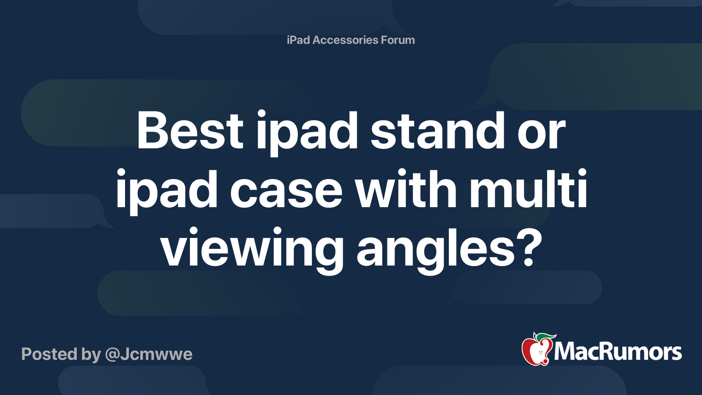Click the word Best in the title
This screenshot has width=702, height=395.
coord(190,131)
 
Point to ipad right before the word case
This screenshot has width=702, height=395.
coord(167,193)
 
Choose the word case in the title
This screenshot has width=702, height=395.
coord(286,191)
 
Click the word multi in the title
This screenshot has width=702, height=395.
coord(528,190)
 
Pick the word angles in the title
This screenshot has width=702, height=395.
coord(434,250)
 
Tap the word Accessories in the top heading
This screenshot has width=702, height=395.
coord(345,40)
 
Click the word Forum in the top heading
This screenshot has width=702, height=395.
coord(398,40)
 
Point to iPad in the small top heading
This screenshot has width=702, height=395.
coord(298,40)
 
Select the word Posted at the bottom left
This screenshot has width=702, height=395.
coord(49,354)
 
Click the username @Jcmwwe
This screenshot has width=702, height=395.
coord(149,354)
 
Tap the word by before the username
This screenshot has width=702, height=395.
coord(91,355)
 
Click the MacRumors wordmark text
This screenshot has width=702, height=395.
coord(618,352)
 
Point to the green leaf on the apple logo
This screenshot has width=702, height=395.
coord(546,337)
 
